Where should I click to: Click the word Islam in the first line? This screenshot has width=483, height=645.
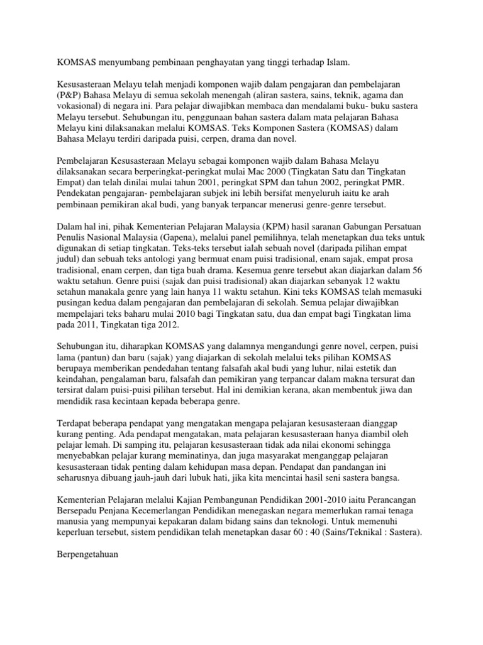click(335, 62)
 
